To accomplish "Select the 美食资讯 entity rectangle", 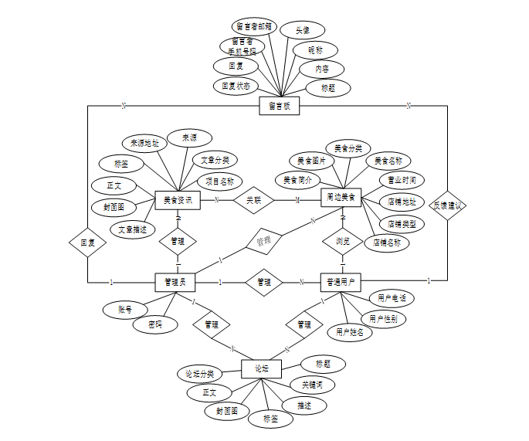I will pos(178,201).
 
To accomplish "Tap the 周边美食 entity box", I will pos(341,199).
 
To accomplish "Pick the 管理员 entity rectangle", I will pos(175,282).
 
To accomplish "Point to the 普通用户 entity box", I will pos(341,282).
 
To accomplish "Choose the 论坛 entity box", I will pos(262,368).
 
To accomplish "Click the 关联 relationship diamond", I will pos(254,200).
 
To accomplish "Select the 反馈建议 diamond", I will pos(448,205).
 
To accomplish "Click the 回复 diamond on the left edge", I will pos(87,243).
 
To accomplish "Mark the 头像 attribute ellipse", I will pos(301,30).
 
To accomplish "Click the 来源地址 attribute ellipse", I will pos(144,143).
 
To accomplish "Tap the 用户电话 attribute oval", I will pos(392,298).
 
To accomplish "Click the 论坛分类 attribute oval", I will pos(199,374).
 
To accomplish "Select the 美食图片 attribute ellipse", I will pos(311,161).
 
